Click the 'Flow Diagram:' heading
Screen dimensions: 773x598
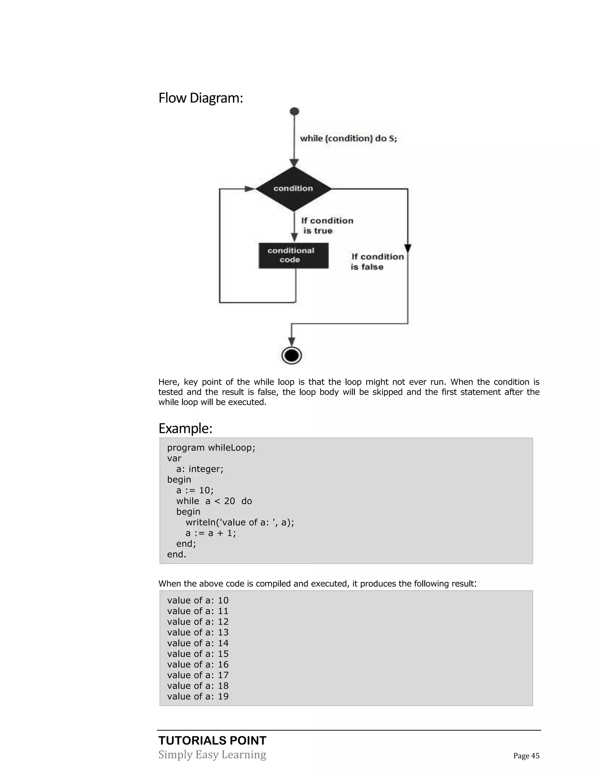[201, 98]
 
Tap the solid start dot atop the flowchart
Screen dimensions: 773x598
[294, 111]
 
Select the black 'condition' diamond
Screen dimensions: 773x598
[293, 189]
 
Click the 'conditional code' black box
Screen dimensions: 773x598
[293, 255]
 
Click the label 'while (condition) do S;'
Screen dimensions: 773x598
[348, 138]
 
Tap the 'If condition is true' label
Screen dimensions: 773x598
[327, 225]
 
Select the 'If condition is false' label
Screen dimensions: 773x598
[377, 262]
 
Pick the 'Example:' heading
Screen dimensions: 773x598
[185, 428]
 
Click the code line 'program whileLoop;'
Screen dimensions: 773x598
[211, 448]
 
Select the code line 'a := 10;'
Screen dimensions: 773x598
[195, 490]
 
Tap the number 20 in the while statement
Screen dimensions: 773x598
[230, 501]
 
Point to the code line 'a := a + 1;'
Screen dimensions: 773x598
[211, 533]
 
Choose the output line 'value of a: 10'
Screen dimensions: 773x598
[198, 600]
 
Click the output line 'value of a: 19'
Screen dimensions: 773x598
[198, 696]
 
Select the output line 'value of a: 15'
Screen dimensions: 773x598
[198, 654]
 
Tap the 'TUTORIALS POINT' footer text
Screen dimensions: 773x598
[212, 740]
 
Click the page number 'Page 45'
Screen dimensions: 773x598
[526, 756]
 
